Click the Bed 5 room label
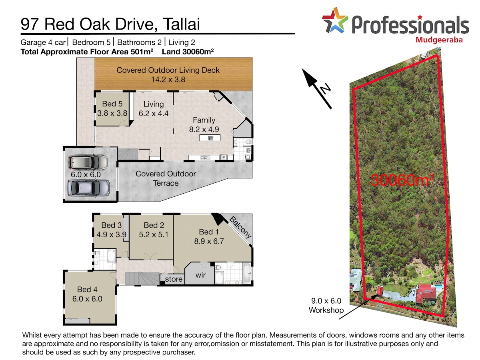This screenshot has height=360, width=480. [112, 104]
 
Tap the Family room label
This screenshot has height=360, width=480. [204, 120]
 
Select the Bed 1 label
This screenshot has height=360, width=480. [209, 232]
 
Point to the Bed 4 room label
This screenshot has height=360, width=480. [87, 289]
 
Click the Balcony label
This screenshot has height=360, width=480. [240, 227]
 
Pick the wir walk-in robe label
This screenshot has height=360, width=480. [200, 275]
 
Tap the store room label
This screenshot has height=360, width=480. [174, 279]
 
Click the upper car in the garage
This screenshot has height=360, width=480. [88, 162]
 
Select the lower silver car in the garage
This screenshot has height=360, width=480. [88, 188]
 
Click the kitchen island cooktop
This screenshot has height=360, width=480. [210, 138]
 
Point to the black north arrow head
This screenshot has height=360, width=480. [309, 78]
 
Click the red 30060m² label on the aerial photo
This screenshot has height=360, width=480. [402, 180]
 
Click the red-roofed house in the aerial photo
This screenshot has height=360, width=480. [426, 294]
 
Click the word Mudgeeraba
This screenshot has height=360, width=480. [439, 40]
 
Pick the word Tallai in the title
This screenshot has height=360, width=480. [181, 24]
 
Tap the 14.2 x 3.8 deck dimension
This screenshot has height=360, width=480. [168, 79]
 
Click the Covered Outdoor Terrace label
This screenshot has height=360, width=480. [166, 178]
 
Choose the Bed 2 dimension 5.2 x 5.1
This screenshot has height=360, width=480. [154, 234]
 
